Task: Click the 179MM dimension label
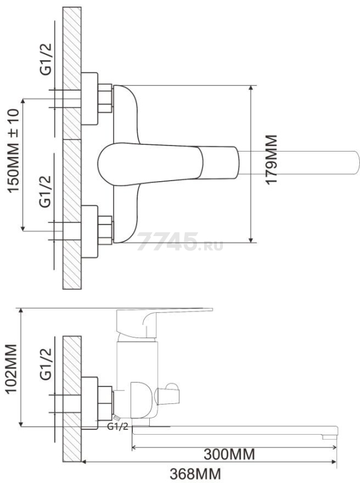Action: point(271,159)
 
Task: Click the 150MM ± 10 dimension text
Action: point(13,151)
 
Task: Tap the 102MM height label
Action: point(11,369)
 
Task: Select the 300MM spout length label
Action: point(230,455)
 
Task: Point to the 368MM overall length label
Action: point(196,473)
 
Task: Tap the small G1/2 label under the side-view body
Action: point(117,427)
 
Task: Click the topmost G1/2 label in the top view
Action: point(46,59)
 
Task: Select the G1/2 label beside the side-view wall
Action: point(46,365)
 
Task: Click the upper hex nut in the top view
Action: point(104,98)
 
